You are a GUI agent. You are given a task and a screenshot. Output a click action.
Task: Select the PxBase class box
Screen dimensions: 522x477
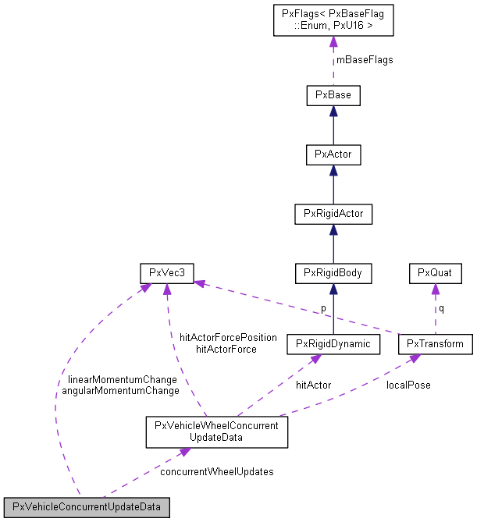click(x=333, y=96)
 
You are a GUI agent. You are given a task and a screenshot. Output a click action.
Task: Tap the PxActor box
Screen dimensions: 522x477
click(x=333, y=154)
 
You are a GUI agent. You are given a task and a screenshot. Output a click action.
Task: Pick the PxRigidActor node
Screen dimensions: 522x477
click(x=333, y=213)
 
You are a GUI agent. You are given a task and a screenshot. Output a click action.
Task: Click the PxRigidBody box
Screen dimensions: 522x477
click(x=333, y=273)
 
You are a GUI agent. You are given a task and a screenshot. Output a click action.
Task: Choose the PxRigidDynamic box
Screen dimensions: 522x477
click(x=333, y=343)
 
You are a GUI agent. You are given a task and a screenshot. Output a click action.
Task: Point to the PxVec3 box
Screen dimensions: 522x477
click(x=166, y=273)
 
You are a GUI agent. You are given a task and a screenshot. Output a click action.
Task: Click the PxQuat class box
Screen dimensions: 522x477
click(x=435, y=273)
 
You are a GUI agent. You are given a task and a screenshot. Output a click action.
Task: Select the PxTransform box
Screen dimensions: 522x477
click(x=435, y=343)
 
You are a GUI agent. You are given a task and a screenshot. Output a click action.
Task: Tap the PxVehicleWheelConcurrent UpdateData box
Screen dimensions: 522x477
click(x=217, y=431)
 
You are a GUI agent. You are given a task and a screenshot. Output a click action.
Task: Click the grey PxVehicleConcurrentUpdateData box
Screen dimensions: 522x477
click(x=87, y=507)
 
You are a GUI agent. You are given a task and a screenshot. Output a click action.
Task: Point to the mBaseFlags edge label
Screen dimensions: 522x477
click(x=364, y=60)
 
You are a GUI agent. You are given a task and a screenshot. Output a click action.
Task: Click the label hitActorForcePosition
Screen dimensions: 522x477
click(x=228, y=337)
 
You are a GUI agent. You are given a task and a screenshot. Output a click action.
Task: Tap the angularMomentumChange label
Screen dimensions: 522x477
click(x=120, y=390)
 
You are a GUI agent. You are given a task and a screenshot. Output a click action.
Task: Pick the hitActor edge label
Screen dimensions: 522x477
click(x=313, y=385)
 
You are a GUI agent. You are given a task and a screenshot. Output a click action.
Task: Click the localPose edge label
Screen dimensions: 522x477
click(x=408, y=385)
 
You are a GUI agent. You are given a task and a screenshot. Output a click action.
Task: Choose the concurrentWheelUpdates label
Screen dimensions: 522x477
click(x=216, y=472)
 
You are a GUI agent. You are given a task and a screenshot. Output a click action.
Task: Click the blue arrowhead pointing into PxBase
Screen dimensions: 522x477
click(x=333, y=112)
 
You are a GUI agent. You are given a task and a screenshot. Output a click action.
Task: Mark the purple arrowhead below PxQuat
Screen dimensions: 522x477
click(x=435, y=289)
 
